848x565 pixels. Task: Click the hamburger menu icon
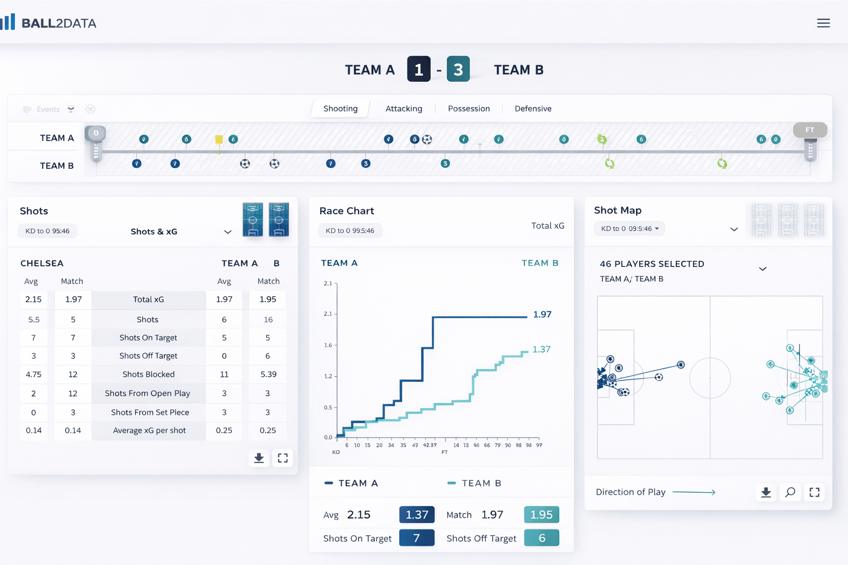[x=823, y=23]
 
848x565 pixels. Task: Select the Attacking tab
[x=404, y=109]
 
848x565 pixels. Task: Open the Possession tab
[x=469, y=109]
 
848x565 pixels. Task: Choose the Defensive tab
[x=533, y=109]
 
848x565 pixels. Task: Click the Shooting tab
[x=340, y=109]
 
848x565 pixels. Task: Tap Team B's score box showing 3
[x=458, y=70]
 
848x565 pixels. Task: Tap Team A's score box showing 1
[x=418, y=70]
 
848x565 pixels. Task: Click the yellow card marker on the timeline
[x=219, y=140]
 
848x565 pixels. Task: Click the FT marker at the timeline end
[x=810, y=130]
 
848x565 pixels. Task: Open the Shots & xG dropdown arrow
[x=227, y=232]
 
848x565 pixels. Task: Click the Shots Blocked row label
[x=149, y=374]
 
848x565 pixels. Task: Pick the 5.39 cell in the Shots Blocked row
[x=268, y=374]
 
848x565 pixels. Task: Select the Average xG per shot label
[x=149, y=430]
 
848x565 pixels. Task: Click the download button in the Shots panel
[x=258, y=458]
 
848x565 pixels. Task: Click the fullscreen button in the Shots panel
[x=283, y=458]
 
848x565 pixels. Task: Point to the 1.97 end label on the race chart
[x=542, y=315]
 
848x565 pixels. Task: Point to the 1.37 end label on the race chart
[x=541, y=349]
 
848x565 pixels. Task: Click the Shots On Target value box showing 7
[x=416, y=538]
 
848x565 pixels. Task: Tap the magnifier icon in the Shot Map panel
[x=790, y=492]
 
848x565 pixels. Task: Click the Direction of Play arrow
[x=694, y=492]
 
